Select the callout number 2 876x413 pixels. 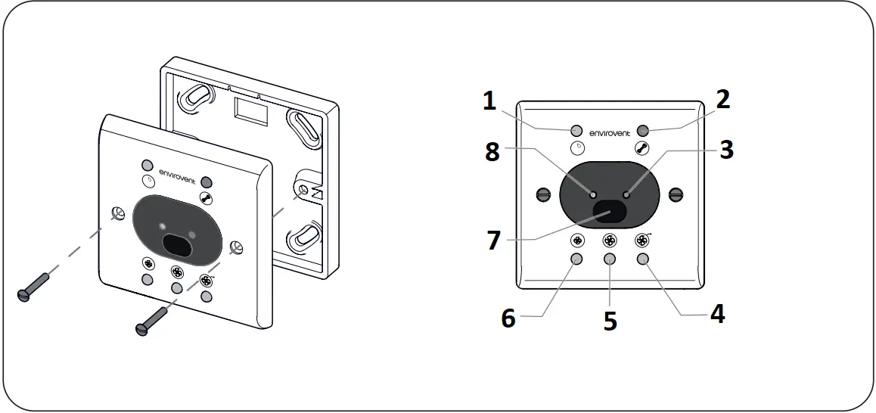(723, 100)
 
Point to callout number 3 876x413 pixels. (726, 149)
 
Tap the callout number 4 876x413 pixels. (716, 313)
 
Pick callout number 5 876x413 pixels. (610, 321)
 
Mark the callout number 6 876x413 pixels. (508, 318)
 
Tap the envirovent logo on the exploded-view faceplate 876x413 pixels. (178, 181)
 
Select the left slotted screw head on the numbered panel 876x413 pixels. (542, 194)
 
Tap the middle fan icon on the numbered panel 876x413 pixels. (610, 241)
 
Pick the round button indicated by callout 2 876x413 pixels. (644, 130)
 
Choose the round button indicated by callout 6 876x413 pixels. (576, 259)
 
